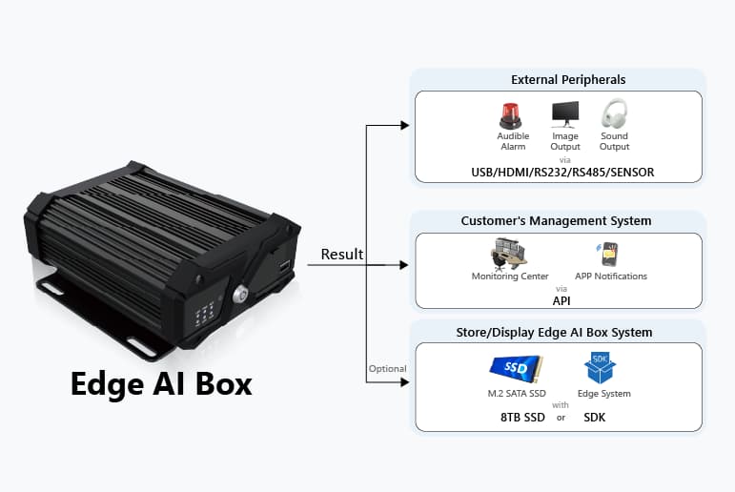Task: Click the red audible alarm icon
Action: pos(512,115)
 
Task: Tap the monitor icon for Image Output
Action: pos(564,114)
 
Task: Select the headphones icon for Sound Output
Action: pos(614,114)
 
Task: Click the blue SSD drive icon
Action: pos(516,368)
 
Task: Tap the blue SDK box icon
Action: pos(600,367)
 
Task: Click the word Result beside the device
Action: pos(341,255)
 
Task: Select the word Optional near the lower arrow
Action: pos(387,369)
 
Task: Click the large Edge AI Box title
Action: pos(161,383)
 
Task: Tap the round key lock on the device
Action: pos(241,296)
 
